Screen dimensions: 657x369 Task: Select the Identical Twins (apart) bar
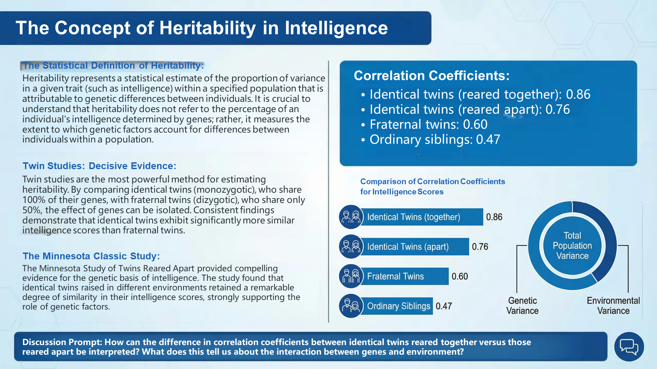pyautogui.click(x=414, y=247)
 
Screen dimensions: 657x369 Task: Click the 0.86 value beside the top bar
pyautogui.click(x=494, y=217)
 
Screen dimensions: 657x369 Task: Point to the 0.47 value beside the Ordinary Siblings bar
pyautogui.click(x=444, y=306)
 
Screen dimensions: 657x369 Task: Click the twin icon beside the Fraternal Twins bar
pyautogui.click(x=351, y=276)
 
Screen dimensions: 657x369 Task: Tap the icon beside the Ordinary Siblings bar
pyautogui.click(x=351, y=306)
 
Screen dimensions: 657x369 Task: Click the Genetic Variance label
pyautogui.click(x=522, y=306)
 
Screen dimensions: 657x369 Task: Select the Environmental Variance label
pyautogui.click(x=613, y=306)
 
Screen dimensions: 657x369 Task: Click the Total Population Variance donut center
pyautogui.click(x=572, y=246)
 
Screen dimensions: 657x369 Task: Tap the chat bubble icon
pyautogui.click(x=629, y=347)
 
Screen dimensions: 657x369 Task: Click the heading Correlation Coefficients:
pyautogui.click(x=431, y=76)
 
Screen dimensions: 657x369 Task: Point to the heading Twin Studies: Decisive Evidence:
pyautogui.click(x=99, y=166)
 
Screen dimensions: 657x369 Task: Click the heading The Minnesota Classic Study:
pyautogui.click(x=91, y=256)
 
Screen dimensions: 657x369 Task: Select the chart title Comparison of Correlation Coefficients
pyautogui.click(x=433, y=181)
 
